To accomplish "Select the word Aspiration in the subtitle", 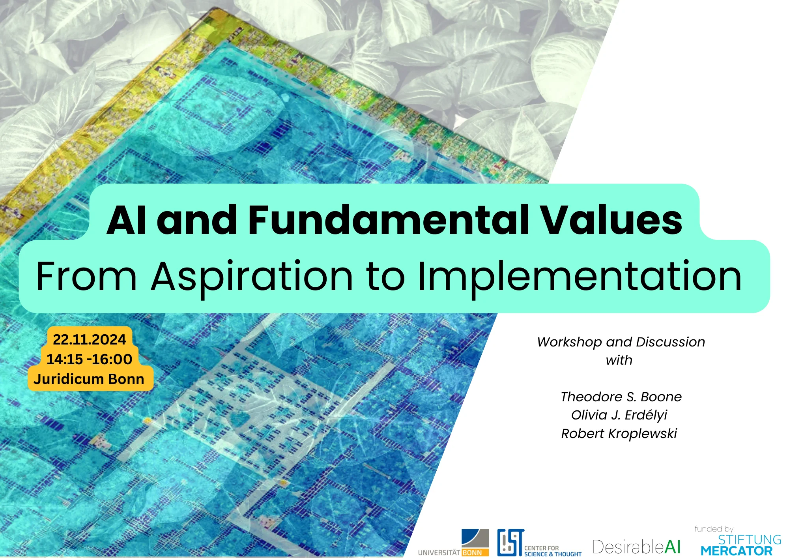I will point(252,277).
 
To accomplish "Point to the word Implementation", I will point(580,277).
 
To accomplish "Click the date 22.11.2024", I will point(90,339).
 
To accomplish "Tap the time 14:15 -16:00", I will point(90,359).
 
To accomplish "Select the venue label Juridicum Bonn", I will point(89,379).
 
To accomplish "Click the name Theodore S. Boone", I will point(621,397).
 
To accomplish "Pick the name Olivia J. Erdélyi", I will point(619,415).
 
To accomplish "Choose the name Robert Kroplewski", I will point(619,433).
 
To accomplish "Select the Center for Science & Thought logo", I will point(539,543).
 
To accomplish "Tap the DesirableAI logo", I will point(636,547).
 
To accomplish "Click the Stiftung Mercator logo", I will point(740,545).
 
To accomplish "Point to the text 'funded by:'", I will point(714,529).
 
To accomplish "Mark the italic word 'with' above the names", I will point(619,360).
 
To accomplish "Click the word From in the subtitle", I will point(86,277).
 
